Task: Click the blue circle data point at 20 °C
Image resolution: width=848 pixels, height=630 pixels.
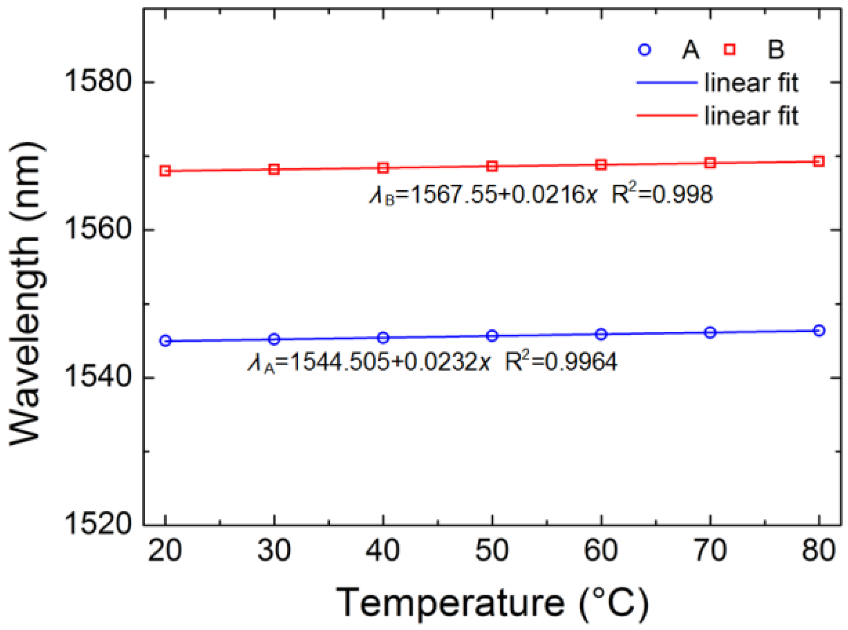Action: [x=165, y=341]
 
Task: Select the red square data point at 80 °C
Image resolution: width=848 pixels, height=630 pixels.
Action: [x=818, y=161]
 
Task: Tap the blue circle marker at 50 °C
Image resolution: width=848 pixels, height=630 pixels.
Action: [x=492, y=336]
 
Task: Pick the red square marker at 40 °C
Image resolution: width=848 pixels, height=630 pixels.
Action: [x=383, y=168]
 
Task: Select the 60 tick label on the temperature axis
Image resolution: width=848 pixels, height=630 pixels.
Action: [x=601, y=550]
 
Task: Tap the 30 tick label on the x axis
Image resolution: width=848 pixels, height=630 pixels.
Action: [x=274, y=550]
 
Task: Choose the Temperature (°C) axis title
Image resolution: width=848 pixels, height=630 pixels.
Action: [x=492, y=603]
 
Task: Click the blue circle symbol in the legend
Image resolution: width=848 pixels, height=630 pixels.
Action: [x=645, y=49]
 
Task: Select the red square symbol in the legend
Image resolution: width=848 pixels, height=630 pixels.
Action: [x=730, y=49]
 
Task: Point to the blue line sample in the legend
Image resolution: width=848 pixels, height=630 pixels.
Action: [x=667, y=83]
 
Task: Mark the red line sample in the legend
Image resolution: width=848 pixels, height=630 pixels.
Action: [x=667, y=116]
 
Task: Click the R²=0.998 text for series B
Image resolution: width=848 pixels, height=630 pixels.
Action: [x=662, y=195]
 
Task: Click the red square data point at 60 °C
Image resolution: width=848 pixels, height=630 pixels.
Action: [x=601, y=165]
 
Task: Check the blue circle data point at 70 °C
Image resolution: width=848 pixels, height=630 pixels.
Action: [x=710, y=333]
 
